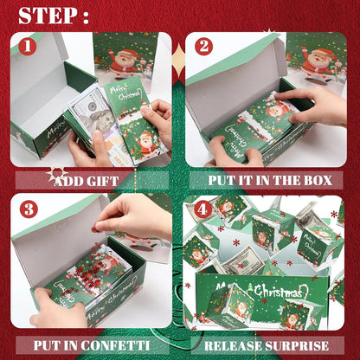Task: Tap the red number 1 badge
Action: pyautogui.click(x=29, y=47)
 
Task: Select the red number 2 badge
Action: pyautogui.click(x=203, y=47)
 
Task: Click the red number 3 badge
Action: pyautogui.click(x=29, y=209)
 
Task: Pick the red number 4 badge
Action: pyautogui.click(x=202, y=209)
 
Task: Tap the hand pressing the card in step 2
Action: pyautogui.click(x=307, y=104)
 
